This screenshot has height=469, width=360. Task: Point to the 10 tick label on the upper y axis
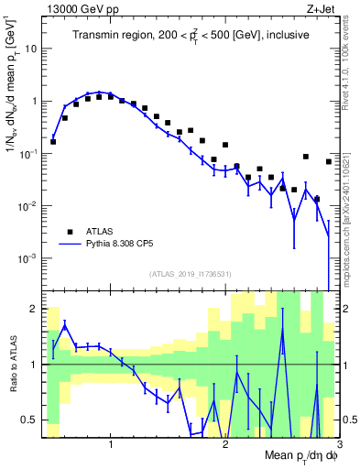pos(31,49)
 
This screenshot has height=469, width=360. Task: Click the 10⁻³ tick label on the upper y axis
pos(28,258)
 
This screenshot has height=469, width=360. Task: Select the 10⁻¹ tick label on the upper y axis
pos(28,153)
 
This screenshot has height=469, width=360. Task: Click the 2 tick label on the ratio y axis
pos(37,309)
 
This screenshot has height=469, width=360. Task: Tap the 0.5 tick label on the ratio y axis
pos(32,420)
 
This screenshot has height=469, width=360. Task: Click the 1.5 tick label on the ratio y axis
pos(32,337)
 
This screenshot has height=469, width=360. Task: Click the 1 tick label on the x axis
pos(111,444)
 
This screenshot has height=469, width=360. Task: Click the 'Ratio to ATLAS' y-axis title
pos(12,364)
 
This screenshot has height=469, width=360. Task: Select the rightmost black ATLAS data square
pos(329,161)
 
